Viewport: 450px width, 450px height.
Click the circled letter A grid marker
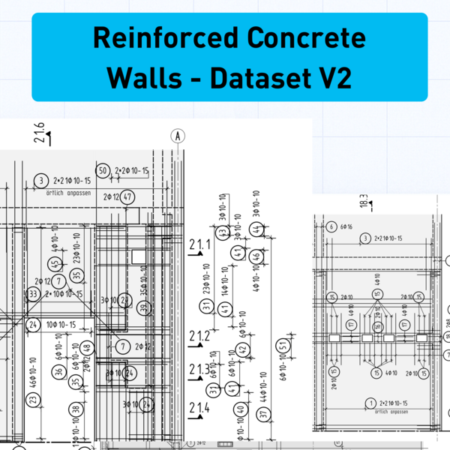tap(178, 136)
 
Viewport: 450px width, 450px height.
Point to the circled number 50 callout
tap(103, 172)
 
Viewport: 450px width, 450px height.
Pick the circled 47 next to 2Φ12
tap(128, 197)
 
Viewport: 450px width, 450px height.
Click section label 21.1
tap(200, 245)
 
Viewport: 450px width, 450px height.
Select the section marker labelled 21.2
tap(199, 336)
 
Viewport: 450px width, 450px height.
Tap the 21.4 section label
tap(199, 408)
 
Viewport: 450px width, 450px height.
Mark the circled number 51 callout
tap(283, 346)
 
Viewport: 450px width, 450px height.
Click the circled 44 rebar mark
tap(257, 229)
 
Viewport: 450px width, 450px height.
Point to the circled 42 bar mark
tap(242, 349)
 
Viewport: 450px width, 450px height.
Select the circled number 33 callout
tap(32, 295)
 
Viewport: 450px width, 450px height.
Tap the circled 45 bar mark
tap(55, 264)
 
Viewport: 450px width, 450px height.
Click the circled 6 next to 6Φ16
tap(331, 226)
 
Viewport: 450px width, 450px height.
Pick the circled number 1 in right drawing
tap(369, 403)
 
